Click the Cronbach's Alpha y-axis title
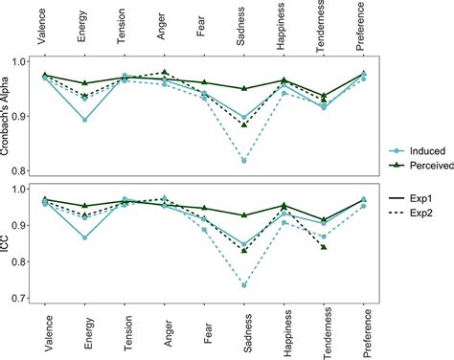coord(8,117)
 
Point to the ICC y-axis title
coord(8,242)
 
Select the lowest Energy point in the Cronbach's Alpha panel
coord(84,120)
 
